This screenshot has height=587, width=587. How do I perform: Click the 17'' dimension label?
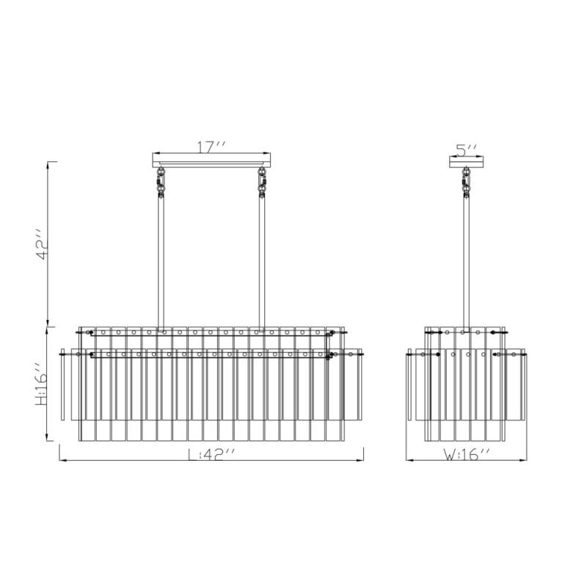point(211,147)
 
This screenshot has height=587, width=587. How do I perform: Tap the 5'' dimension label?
point(467,150)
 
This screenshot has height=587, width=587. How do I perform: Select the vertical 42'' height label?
point(43,244)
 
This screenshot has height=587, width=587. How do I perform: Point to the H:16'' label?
point(41,384)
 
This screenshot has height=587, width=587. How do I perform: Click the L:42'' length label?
point(211,454)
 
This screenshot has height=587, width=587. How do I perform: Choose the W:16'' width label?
point(467,454)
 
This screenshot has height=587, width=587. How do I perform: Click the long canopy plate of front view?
point(211,160)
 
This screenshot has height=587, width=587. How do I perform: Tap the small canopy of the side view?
point(467,161)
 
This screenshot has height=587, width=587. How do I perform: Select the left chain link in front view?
point(161,182)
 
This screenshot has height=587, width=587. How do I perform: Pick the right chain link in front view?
point(262,182)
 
